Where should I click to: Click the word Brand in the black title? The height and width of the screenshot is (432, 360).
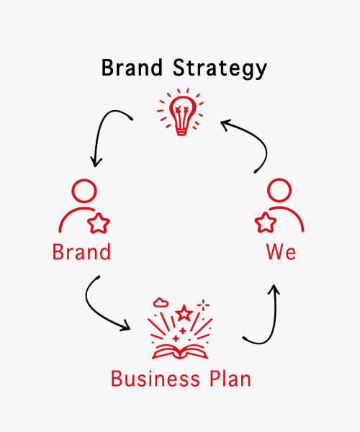[132, 68]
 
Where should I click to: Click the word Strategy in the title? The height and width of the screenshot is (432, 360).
[220, 69]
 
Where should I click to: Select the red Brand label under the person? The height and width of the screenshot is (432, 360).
[81, 252]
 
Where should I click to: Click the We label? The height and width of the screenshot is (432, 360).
[282, 252]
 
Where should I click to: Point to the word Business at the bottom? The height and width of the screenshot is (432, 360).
[156, 379]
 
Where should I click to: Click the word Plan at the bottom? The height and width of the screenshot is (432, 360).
[230, 379]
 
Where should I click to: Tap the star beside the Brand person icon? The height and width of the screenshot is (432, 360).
[99, 223]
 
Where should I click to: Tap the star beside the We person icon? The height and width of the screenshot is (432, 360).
[266, 222]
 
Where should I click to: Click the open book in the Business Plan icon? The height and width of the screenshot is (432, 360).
[180, 352]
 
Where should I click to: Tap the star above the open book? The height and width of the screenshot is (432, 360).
[184, 313]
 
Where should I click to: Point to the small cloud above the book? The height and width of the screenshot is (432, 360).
[161, 302]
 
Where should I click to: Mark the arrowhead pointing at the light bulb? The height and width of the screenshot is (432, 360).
[225, 125]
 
